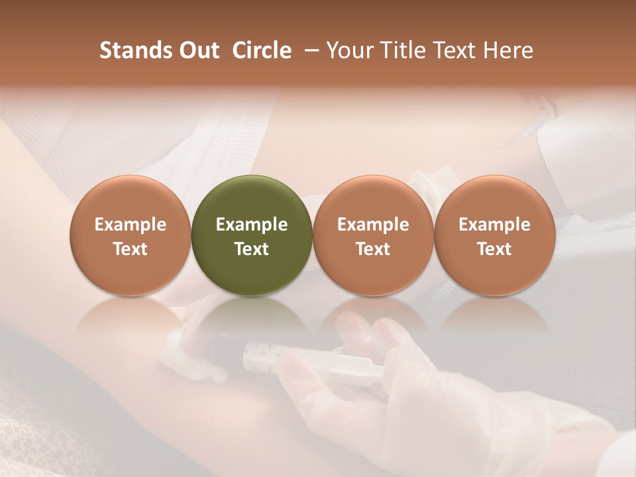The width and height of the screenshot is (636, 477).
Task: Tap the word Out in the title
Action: click(198, 50)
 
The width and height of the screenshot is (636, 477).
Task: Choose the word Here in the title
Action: click(507, 50)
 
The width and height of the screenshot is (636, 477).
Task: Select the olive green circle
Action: click(252, 235)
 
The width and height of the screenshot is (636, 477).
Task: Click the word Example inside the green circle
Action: click(252, 225)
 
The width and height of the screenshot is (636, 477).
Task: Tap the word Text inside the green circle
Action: click(252, 249)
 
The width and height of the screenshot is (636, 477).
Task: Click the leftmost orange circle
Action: click(131, 235)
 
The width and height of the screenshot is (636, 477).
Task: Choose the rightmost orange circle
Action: click(494, 235)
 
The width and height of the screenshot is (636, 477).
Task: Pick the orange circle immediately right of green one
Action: click(373, 235)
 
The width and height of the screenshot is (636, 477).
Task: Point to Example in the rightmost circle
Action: click(494, 225)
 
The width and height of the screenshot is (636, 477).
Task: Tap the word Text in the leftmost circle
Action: click(131, 249)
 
